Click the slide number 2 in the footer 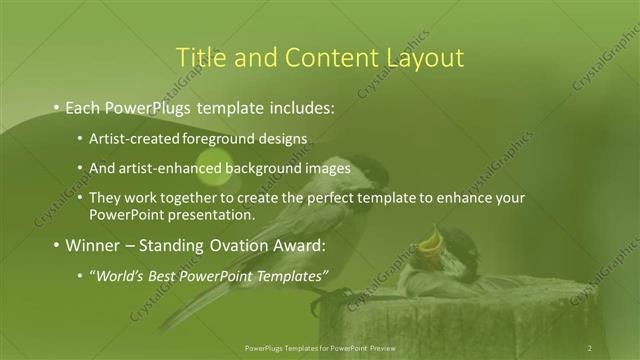pos(590,347)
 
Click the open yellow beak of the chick pos(433,239)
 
